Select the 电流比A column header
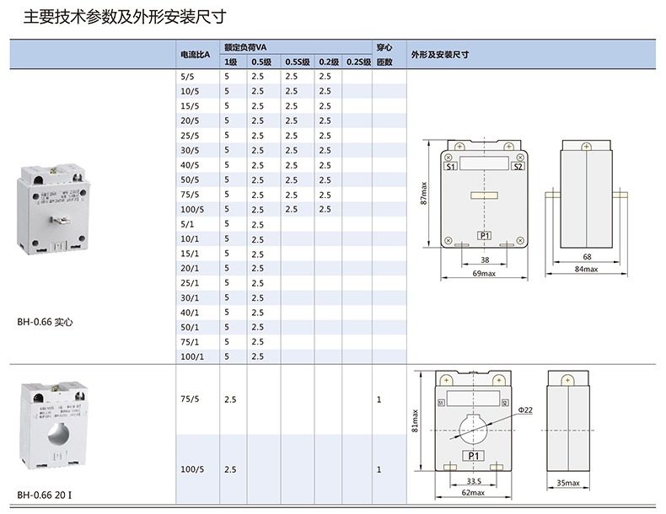[x=193, y=55]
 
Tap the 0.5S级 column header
[x=297, y=62]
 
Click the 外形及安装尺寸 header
[x=439, y=55]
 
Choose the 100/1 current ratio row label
[x=192, y=356]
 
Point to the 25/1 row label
[x=190, y=283]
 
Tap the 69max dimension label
[x=483, y=274]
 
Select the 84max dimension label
[x=586, y=270]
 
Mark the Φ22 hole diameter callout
[x=525, y=410]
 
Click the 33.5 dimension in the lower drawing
[x=473, y=483]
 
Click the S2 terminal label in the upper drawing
[x=518, y=167]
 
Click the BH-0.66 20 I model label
[x=48, y=495]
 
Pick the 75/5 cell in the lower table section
[x=190, y=399]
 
